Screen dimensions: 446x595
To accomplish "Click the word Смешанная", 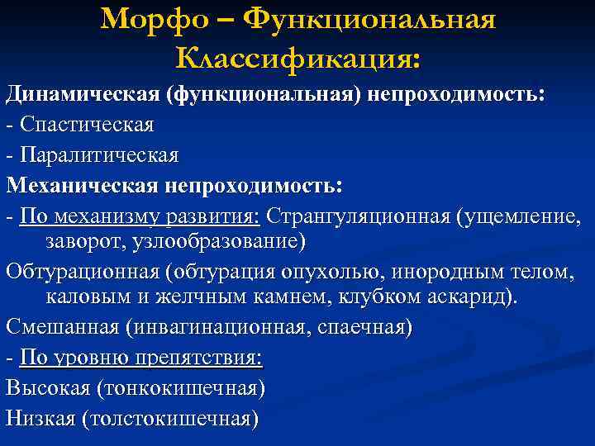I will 63,325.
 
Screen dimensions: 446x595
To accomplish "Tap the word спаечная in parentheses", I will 368,325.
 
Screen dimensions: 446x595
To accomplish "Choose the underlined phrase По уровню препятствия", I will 140,357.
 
